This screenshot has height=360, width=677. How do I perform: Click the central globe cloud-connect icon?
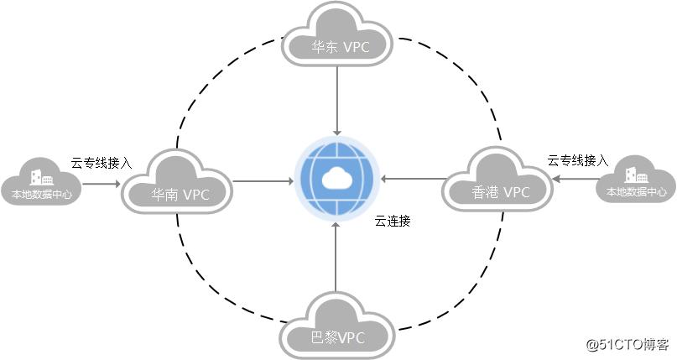click(x=336, y=180)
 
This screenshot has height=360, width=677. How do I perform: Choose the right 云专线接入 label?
click(x=577, y=159)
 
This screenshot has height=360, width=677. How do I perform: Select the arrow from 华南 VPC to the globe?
click(x=262, y=180)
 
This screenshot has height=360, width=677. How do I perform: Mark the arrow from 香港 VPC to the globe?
click(x=412, y=179)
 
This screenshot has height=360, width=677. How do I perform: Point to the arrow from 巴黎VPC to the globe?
click(x=336, y=256)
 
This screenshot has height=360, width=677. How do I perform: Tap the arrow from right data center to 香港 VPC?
click(x=579, y=179)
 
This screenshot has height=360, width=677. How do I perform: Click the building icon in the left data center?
click(x=41, y=177)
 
